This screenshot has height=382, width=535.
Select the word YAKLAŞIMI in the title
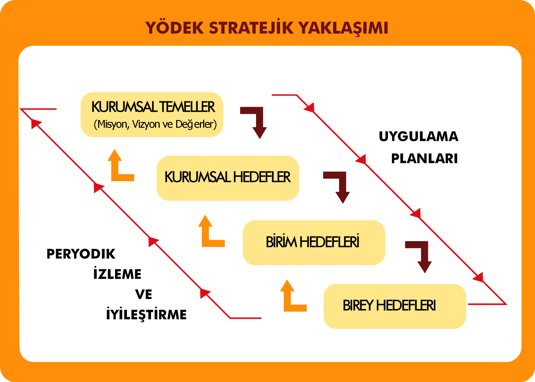pos(344,28)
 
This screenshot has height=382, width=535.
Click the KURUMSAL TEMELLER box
pos(152,115)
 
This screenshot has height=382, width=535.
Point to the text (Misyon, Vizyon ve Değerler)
pos(155,124)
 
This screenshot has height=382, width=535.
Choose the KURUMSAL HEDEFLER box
pos(228,178)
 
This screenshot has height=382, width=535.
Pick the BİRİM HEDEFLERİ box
pos(314,243)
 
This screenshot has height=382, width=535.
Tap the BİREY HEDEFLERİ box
pos(395,307)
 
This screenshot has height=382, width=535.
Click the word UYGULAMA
pos(419,137)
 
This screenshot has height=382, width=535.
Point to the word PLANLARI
pos(424,158)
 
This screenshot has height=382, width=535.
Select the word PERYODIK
pos(81,254)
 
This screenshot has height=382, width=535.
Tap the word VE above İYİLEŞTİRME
pos(143,294)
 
